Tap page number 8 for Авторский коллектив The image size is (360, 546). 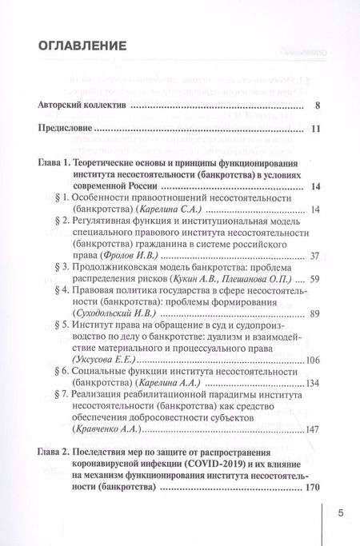(x=318, y=105)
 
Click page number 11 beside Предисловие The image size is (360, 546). (x=315, y=128)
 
